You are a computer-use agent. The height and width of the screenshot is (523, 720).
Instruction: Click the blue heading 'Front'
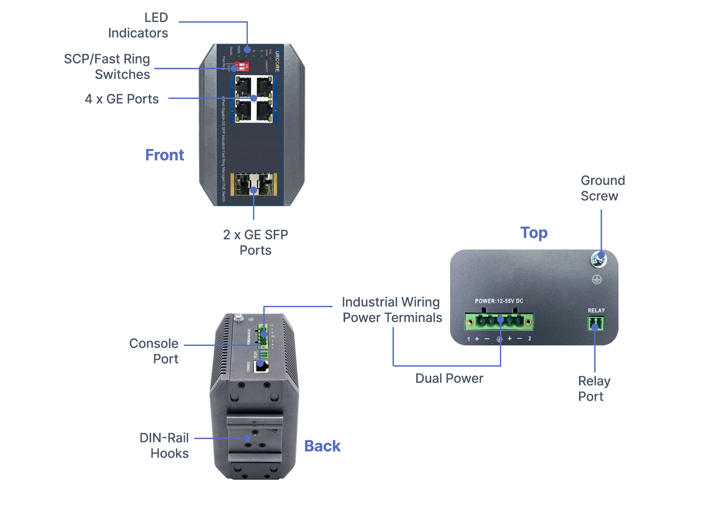pyautogui.click(x=164, y=155)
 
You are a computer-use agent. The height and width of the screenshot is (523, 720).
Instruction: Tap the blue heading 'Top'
pyautogui.click(x=534, y=233)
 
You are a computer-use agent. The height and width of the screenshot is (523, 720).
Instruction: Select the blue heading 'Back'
pyautogui.click(x=322, y=446)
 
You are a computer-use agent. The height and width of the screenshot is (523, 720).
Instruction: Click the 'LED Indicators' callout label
pyautogui.click(x=138, y=25)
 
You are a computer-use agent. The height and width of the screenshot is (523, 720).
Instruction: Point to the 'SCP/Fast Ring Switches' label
pyautogui.click(x=107, y=67)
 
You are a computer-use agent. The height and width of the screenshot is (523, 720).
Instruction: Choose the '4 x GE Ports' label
pyautogui.click(x=121, y=99)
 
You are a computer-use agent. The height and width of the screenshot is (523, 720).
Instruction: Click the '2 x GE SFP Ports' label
pyautogui.click(x=255, y=242)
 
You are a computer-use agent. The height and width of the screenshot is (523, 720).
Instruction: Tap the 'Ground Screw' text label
pyautogui.click(x=602, y=188)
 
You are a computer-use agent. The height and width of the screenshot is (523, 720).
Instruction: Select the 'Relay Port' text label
pyautogui.click(x=594, y=389)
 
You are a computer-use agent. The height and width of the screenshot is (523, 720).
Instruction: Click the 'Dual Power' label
pyautogui.click(x=449, y=378)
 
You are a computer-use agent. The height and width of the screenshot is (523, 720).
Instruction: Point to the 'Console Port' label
pyautogui.click(x=154, y=351)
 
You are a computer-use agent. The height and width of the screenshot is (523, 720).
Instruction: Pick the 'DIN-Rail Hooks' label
pyautogui.click(x=164, y=445)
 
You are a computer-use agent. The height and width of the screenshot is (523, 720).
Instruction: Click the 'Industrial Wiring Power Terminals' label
pyautogui.click(x=392, y=310)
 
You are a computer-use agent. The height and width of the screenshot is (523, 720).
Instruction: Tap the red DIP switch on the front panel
pyautogui.click(x=242, y=67)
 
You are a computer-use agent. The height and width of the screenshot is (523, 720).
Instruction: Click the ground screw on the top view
pyautogui.click(x=598, y=259)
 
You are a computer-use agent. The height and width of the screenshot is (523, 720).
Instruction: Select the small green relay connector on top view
pyautogui.click(x=596, y=323)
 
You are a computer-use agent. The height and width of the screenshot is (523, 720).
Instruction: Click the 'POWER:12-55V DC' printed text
pyautogui.click(x=499, y=301)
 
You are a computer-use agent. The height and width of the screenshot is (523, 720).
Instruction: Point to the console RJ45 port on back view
pyautogui.click(x=261, y=366)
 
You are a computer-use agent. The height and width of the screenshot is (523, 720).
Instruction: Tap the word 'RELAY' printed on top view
pyautogui.click(x=596, y=310)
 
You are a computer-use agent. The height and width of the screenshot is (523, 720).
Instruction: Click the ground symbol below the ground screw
pyautogui.click(x=597, y=280)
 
